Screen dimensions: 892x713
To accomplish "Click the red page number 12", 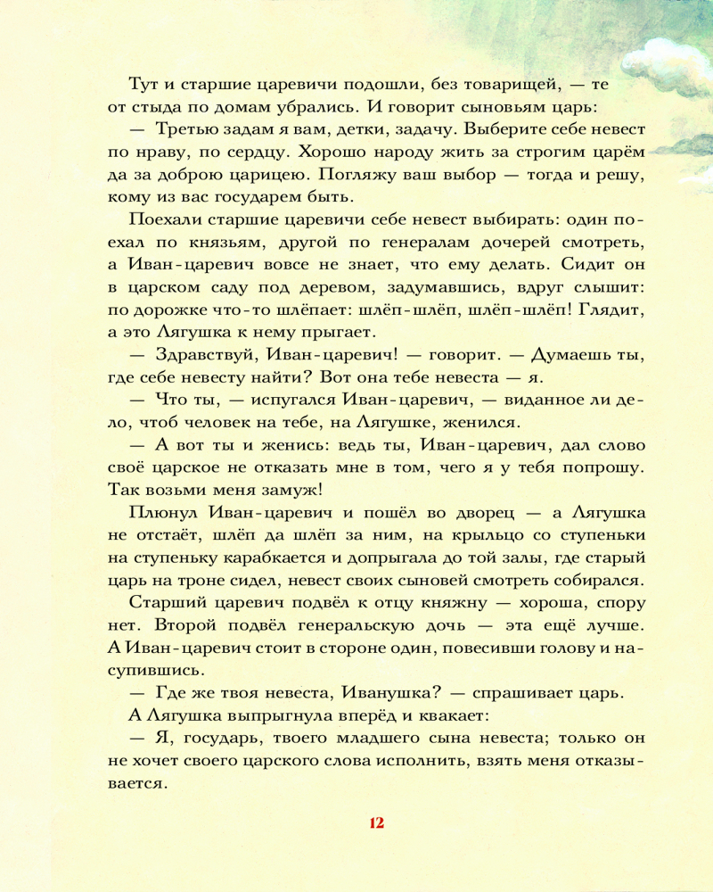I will click(x=375, y=822).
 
